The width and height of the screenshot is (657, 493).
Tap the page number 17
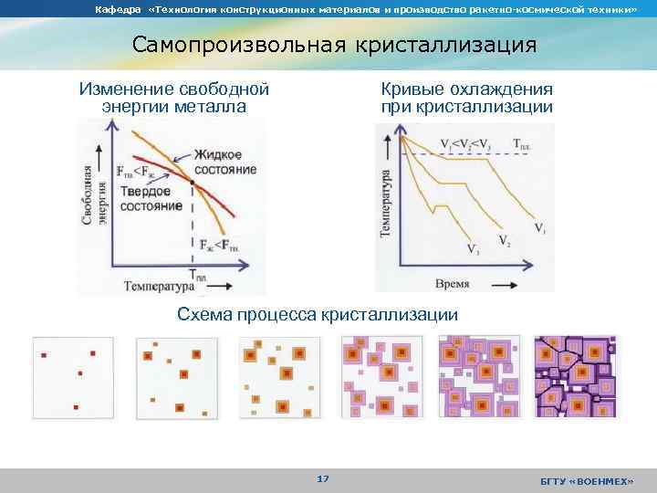tap(322, 479)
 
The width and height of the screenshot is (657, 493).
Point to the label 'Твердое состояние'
tap(151, 198)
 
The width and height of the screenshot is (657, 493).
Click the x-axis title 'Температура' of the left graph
tap(161, 287)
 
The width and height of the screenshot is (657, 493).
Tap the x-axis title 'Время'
tap(452, 284)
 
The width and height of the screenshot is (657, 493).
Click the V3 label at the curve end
tap(473, 248)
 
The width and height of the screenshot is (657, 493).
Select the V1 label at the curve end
tap(540, 227)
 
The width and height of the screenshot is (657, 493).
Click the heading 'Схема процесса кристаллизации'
tap(317, 315)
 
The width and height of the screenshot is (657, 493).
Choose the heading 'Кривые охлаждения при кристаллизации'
tap(467, 99)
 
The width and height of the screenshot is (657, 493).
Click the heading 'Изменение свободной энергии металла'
tap(174, 99)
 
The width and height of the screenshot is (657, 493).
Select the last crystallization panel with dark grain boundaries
tap(575, 376)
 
